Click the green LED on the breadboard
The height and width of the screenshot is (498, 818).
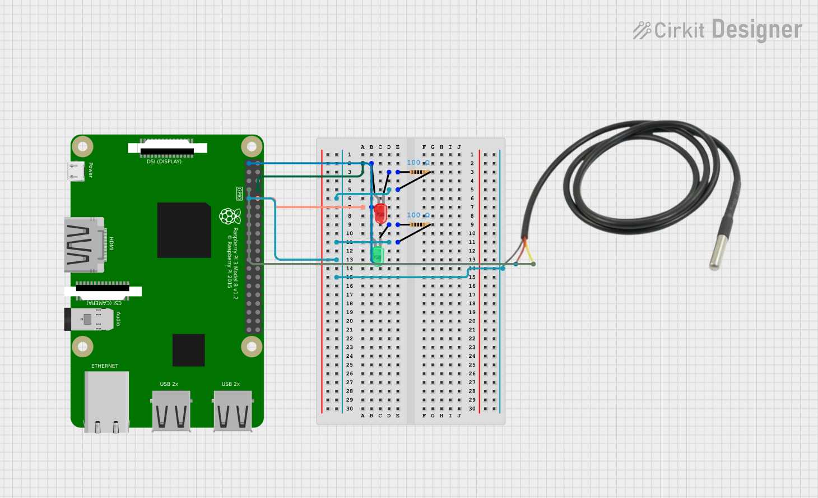(x=378, y=255)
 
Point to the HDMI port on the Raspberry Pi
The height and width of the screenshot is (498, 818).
(x=84, y=245)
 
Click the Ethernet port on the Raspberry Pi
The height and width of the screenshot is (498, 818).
(x=106, y=400)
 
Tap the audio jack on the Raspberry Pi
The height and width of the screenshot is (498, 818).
(x=89, y=319)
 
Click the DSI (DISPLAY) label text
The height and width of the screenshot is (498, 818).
(x=164, y=162)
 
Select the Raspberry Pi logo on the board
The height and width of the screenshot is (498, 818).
(x=230, y=216)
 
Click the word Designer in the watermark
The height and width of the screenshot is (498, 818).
(x=757, y=30)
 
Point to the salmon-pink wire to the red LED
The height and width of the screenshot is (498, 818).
(x=319, y=207)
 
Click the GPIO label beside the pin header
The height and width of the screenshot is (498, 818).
(x=239, y=193)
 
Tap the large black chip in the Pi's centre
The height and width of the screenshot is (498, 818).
(x=184, y=230)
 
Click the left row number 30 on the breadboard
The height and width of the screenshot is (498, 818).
(x=350, y=409)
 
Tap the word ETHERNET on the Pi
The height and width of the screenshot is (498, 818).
(x=105, y=366)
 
